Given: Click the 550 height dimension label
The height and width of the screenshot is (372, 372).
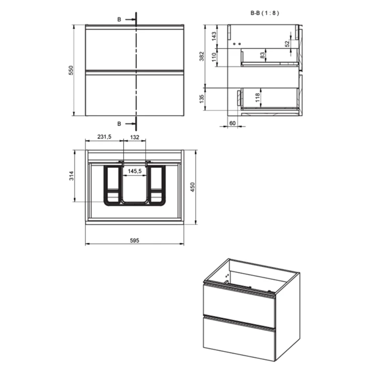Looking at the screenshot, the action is click(x=71, y=70).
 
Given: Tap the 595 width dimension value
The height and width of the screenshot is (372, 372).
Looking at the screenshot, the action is click(x=135, y=241).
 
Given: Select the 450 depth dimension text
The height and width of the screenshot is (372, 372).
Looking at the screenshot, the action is click(x=193, y=187).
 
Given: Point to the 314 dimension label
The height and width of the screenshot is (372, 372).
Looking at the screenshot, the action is click(x=71, y=175).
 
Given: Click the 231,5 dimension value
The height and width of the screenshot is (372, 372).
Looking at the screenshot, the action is click(x=104, y=137).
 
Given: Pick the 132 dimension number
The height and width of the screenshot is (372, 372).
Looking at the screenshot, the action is click(x=135, y=137).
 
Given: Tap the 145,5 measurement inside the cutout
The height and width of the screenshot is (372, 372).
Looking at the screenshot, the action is click(x=135, y=171).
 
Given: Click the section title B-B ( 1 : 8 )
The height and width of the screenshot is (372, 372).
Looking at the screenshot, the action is click(x=265, y=13).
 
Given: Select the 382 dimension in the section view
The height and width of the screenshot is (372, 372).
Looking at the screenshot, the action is click(x=202, y=56).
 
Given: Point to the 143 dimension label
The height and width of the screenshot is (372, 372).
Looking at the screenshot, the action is click(x=214, y=36).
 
